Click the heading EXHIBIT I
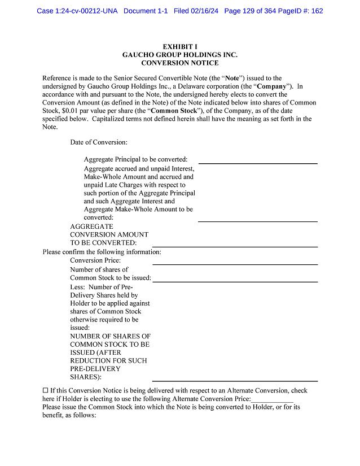coord(179,46)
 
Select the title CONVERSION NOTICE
coord(179,63)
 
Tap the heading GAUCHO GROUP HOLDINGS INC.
coord(179,55)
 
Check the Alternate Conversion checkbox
coord(46,390)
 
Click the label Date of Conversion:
coord(99,142)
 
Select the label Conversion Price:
coord(95,260)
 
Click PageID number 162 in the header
coord(316,11)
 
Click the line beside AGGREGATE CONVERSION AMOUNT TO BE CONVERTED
coord(235,246)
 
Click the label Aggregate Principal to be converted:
coord(135,159)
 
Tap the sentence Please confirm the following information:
coord(102,252)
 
